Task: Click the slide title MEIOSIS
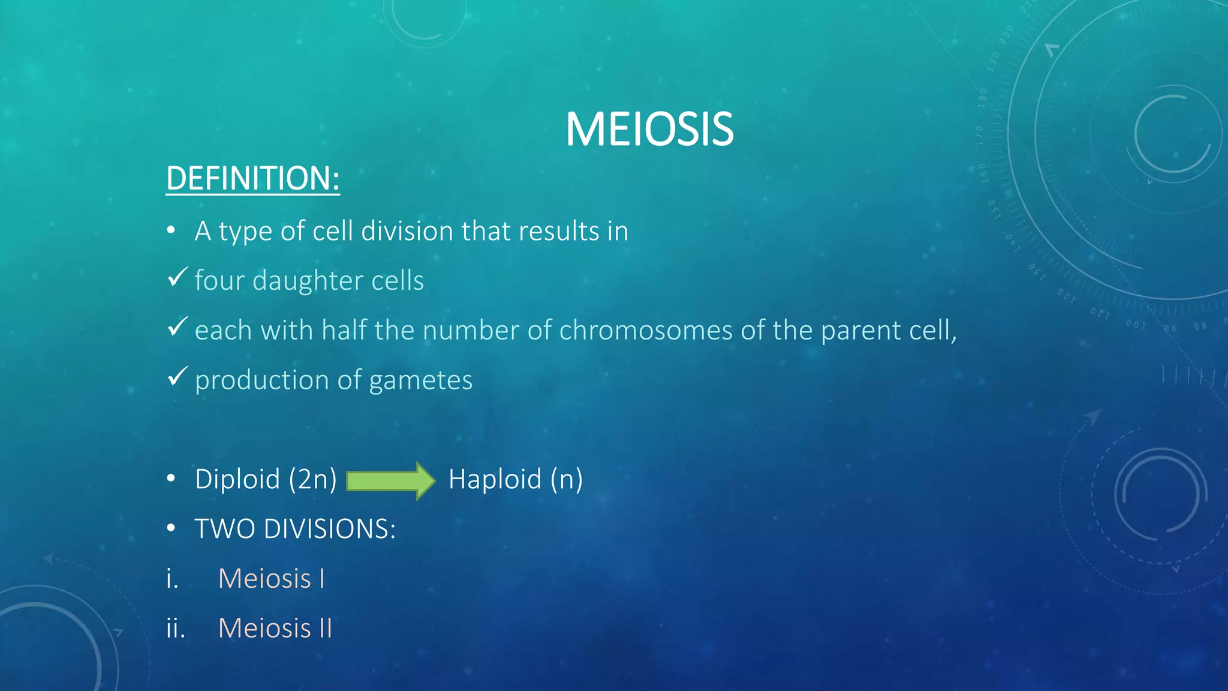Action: click(649, 130)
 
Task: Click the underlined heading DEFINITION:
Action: click(252, 179)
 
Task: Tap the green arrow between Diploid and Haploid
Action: click(390, 480)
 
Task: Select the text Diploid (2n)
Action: click(266, 479)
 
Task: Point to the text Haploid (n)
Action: click(515, 479)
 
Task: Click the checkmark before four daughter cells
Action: click(177, 277)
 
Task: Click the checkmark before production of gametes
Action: click(177, 376)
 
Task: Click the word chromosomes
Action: click(645, 331)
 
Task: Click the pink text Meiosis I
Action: click(271, 579)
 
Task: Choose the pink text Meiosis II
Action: click(275, 629)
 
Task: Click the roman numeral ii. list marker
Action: click(175, 629)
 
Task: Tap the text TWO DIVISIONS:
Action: click(295, 529)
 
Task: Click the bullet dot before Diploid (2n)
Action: click(171, 479)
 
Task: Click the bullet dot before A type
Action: click(171, 230)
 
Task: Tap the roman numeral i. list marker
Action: click(172, 579)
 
